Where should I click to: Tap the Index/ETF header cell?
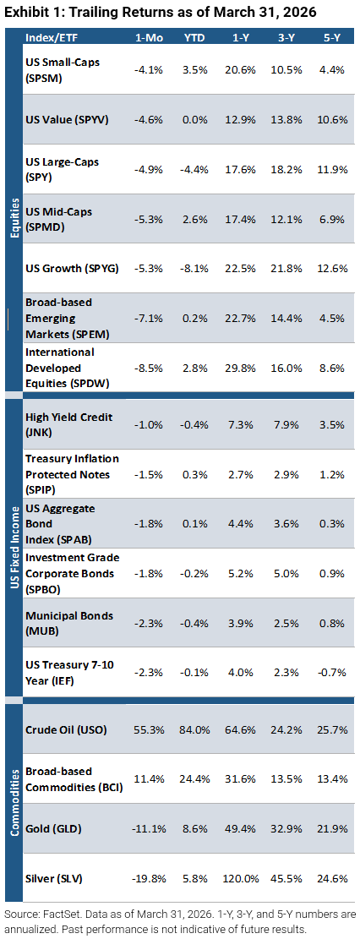(50, 37)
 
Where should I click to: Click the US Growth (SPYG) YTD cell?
(195, 268)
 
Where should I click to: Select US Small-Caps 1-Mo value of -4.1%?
(148, 68)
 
